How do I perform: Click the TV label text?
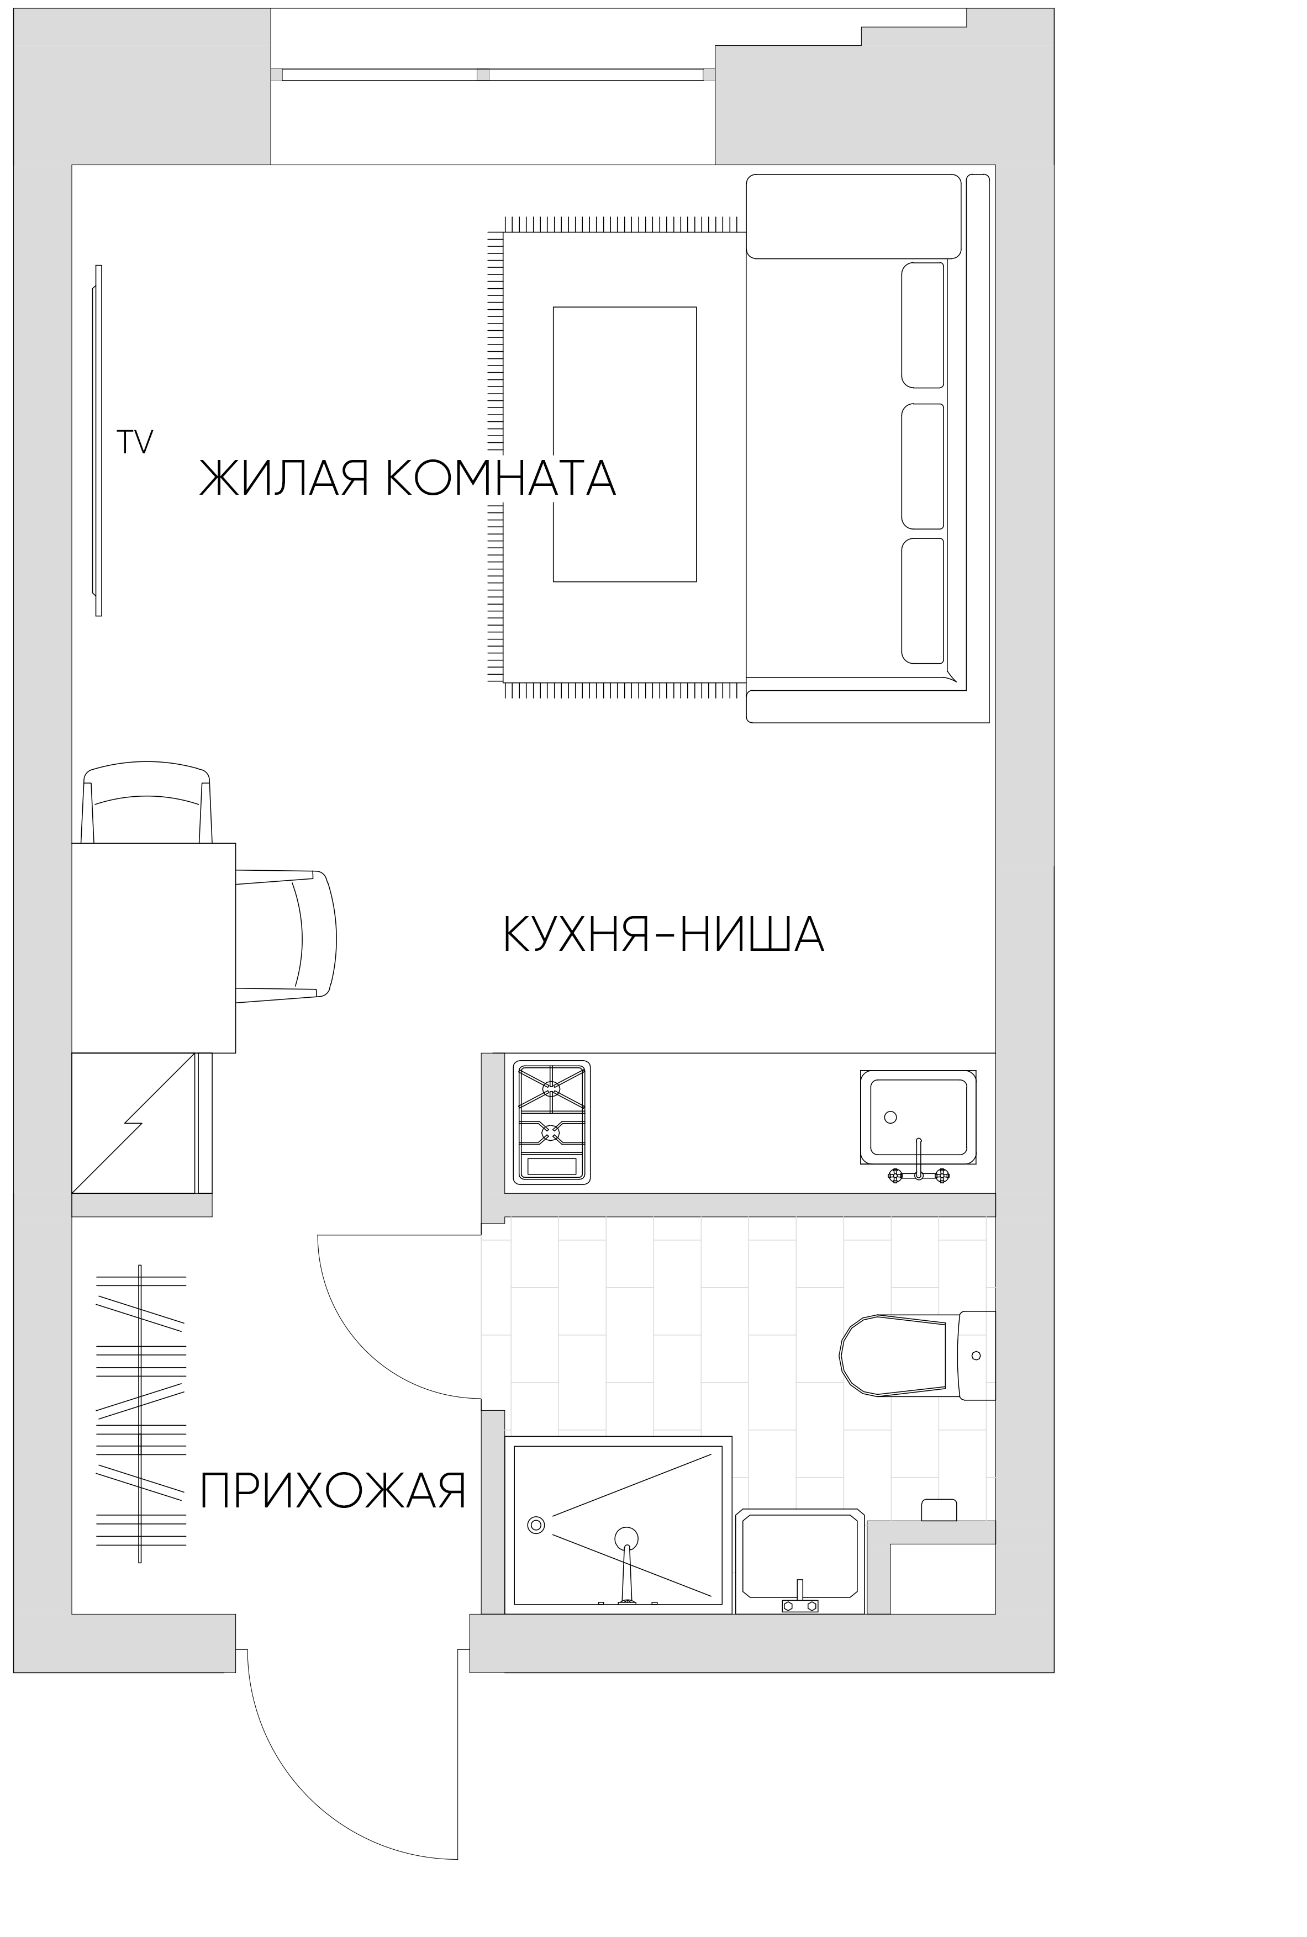point(135,442)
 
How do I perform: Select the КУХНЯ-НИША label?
point(663,935)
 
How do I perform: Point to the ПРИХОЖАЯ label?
point(333,1491)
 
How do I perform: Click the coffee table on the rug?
point(624,443)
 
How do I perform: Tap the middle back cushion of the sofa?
point(923,467)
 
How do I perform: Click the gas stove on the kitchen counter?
point(551,1121)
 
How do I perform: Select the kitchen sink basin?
point(917,1116)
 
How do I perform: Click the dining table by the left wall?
point(154,948)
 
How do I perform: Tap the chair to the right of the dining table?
point(288,933)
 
